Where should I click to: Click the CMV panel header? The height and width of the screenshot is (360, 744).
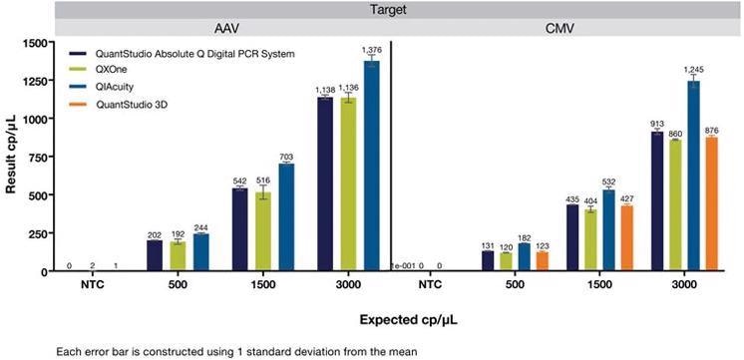(565, 29)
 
